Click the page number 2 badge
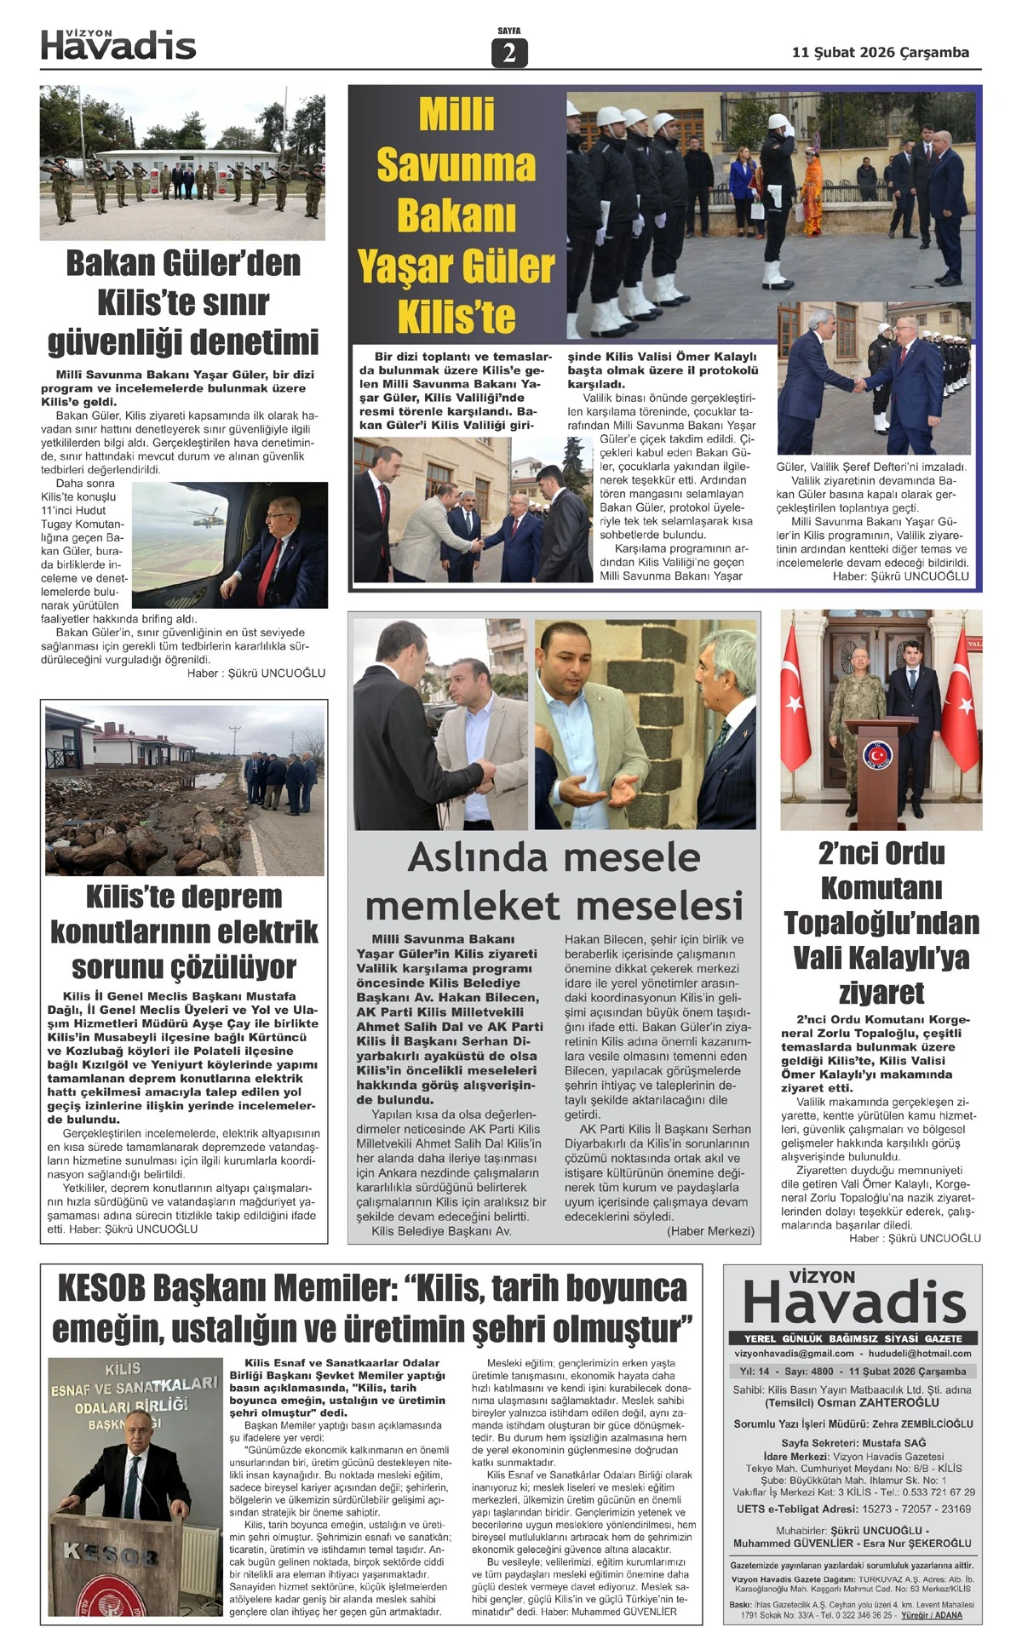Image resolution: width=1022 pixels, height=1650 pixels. coord(509,53)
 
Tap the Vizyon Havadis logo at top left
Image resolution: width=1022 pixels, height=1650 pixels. coord(118,44)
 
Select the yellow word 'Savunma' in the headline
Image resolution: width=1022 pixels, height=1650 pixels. coord(456,164)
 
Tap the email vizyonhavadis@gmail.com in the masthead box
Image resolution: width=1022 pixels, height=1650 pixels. coord(794,1353)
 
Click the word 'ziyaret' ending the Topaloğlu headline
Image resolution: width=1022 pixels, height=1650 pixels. coord(881,993)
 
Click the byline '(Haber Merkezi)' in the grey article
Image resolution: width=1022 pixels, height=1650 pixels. coord(710,1231)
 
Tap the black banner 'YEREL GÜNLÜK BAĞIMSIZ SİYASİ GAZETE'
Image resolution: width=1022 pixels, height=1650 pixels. coord(853,1338)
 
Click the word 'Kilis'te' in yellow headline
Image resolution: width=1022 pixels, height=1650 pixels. coord(456,317)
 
